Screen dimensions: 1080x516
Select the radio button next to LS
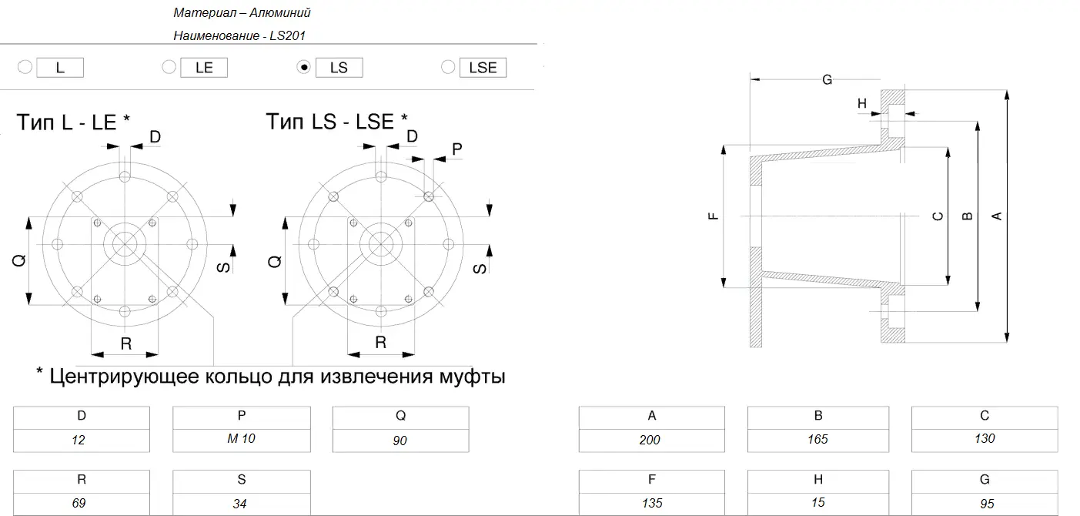(x=304, y=67)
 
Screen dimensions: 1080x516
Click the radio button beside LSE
(x=448, y=67)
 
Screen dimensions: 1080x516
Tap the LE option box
(x=204, y=68)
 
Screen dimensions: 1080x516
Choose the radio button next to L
(x=25, y=67)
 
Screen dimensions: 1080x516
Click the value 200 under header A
(x=650, y=440)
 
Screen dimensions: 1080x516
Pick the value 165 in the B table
(x=818, y=439)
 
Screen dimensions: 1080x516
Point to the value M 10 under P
(x=241, y=438)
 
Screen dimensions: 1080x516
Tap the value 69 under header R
(x=79, y=503)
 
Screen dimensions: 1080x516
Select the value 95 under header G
(x=987, y=504)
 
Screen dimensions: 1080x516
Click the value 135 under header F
(x=652, y=503)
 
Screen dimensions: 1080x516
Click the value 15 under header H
(x=818, y=502)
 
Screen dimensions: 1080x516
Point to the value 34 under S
(x=239, y=504)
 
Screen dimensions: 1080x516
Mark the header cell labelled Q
(x=400, y=417)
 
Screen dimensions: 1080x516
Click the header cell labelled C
(x=985, y=417)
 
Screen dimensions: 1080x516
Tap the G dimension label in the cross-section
(x=827, y=80)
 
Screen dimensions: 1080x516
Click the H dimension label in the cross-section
(x=862, y=103)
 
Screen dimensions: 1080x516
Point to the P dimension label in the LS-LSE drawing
(x=457, y=149)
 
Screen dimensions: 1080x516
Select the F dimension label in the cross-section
(x=713, y=216)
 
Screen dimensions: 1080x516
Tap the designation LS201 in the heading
(x=287, y=35)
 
